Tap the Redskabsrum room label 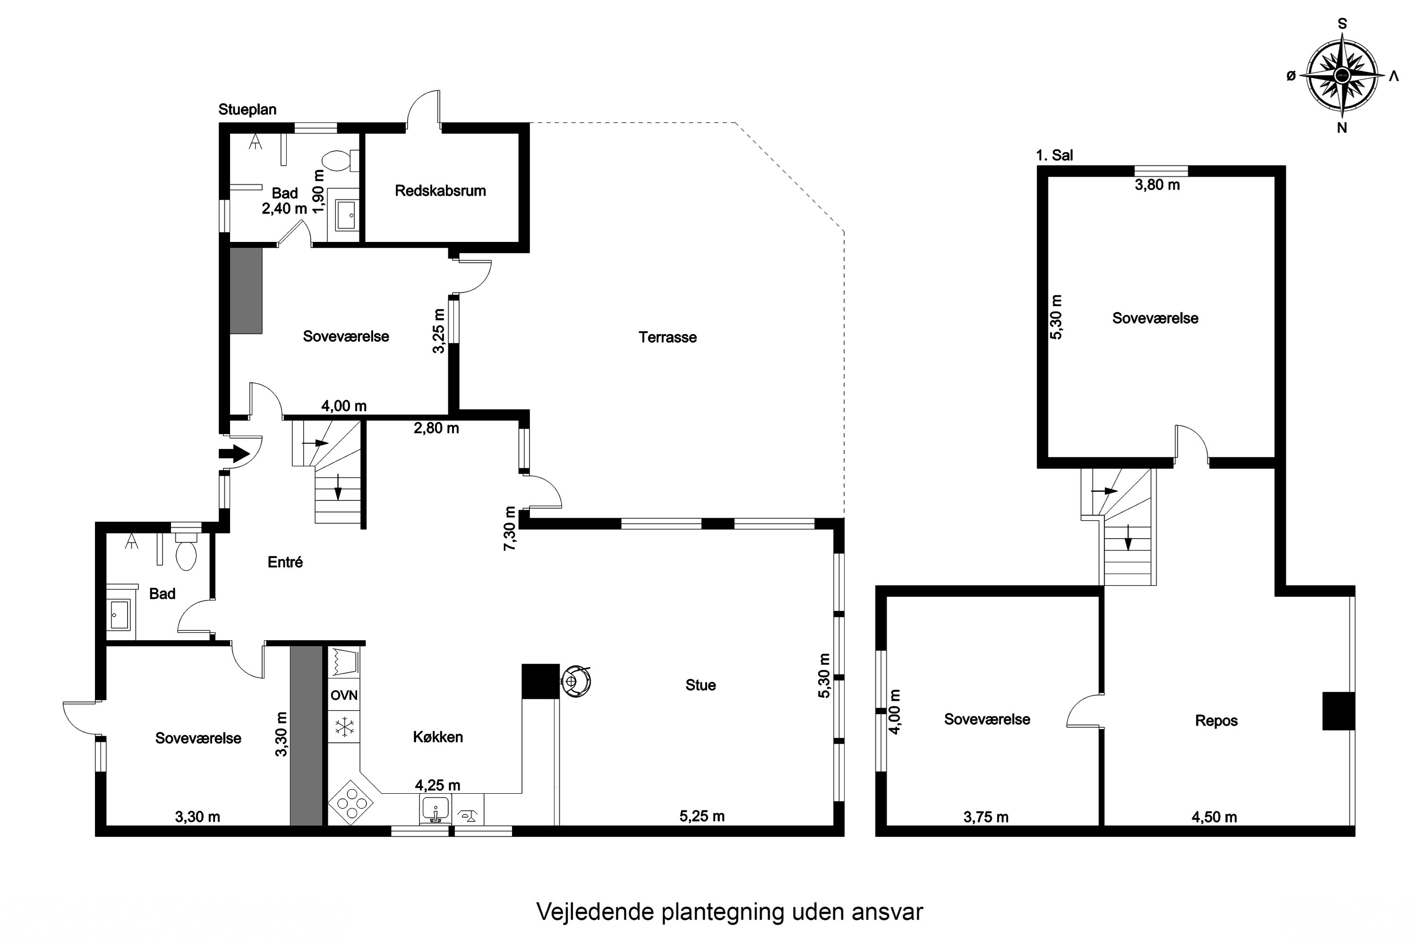440,191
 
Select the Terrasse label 667,337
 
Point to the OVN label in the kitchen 344,696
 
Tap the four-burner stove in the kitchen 350,803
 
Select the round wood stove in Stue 575,681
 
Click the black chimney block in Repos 1338,711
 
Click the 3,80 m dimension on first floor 1157,185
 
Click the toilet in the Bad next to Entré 186,554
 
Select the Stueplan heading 247,110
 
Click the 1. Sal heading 1054,155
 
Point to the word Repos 1216,721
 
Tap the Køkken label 437,737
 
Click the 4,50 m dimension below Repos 1214,817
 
